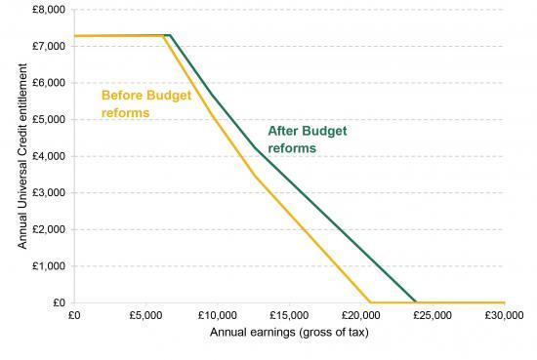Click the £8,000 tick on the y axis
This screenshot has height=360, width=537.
point(50,9)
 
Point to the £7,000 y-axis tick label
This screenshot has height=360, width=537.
point(50,46)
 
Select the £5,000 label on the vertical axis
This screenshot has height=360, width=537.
point(50,119)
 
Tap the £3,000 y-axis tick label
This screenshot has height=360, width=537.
point(50,192)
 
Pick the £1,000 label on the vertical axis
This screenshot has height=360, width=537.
point(50,265)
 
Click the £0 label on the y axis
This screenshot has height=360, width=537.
point(58,302)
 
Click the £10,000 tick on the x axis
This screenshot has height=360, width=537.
point(216,316)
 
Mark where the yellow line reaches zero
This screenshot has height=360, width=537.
point(369,302)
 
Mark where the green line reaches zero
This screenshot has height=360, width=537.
point(416,302)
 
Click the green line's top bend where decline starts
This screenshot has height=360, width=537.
point(170,35)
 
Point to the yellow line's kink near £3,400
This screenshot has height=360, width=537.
point(256,177)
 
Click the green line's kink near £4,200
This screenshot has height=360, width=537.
point(256,148)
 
